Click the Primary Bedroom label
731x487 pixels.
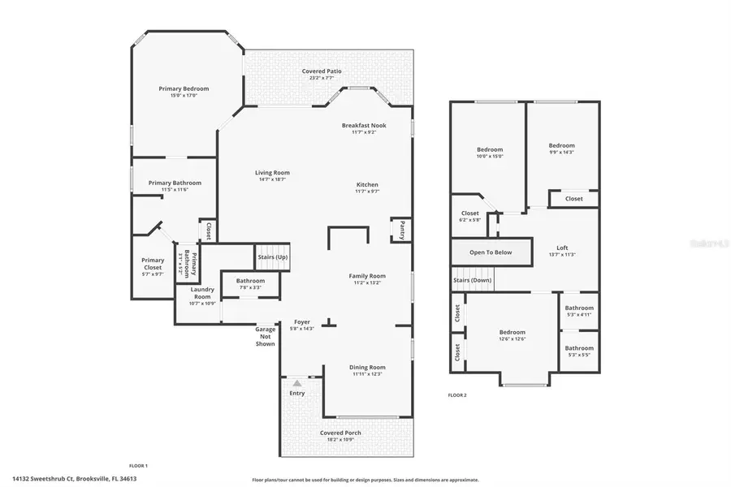pos(184,88)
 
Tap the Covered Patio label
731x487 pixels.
pos(322,71)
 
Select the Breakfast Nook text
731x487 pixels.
pos(363,126)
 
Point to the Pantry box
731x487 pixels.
pos(400,230)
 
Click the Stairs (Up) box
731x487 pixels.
pos(272,256)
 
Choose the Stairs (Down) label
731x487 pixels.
pos(472,280)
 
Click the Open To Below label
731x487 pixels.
pos(491,252)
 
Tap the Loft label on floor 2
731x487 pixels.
pos(562,248)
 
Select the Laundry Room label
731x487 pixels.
pos(202,293)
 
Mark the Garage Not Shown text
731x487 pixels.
pos(265,338)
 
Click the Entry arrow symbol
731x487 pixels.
pos(297,382)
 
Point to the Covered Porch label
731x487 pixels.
pos(340,433)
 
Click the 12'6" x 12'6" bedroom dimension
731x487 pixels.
pos(512,339)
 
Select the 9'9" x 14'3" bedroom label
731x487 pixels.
pos(562,152)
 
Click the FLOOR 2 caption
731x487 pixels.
pos(457,395)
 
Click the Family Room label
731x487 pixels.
pos(367,276)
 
